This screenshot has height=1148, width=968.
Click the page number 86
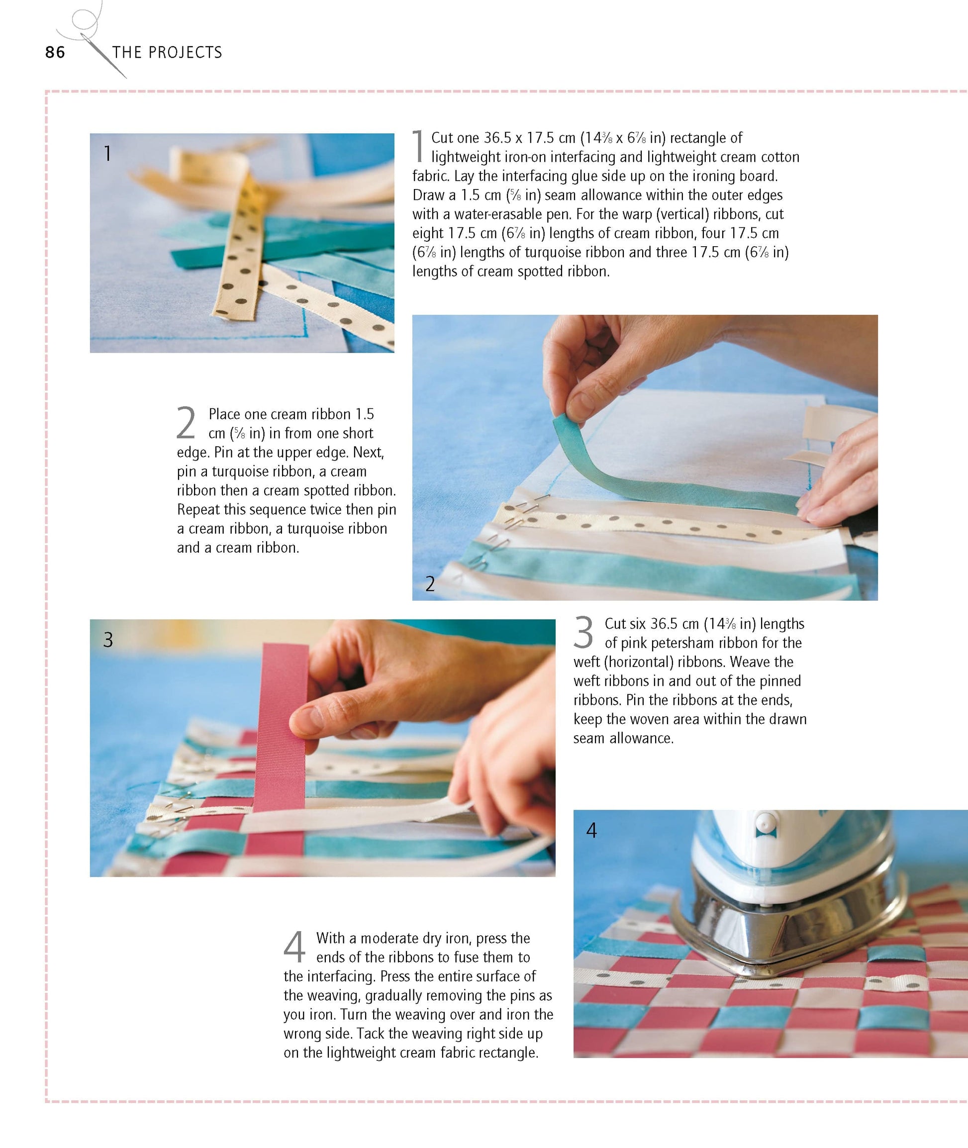[x=55, y=52]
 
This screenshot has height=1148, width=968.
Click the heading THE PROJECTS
[x=167, y=52]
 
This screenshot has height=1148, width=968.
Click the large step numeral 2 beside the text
[x=186, y=423]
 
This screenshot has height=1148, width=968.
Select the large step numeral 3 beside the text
[x=583, y=632]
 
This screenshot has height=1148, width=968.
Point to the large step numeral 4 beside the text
[x=294, y=947]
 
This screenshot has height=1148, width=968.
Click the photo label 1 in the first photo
[x=107, y=153]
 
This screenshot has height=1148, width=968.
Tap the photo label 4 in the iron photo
[x=591, y=830]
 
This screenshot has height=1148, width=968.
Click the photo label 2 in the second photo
[x=430, y=584]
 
